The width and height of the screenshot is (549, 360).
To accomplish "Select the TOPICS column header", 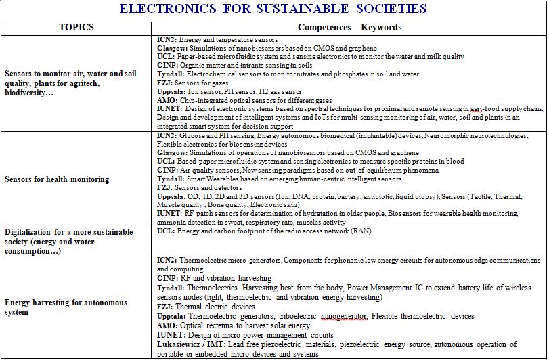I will coord(76,28).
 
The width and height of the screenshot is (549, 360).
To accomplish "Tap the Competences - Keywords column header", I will coord(349,28).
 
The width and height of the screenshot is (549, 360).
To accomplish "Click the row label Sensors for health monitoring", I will coord(57,179).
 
